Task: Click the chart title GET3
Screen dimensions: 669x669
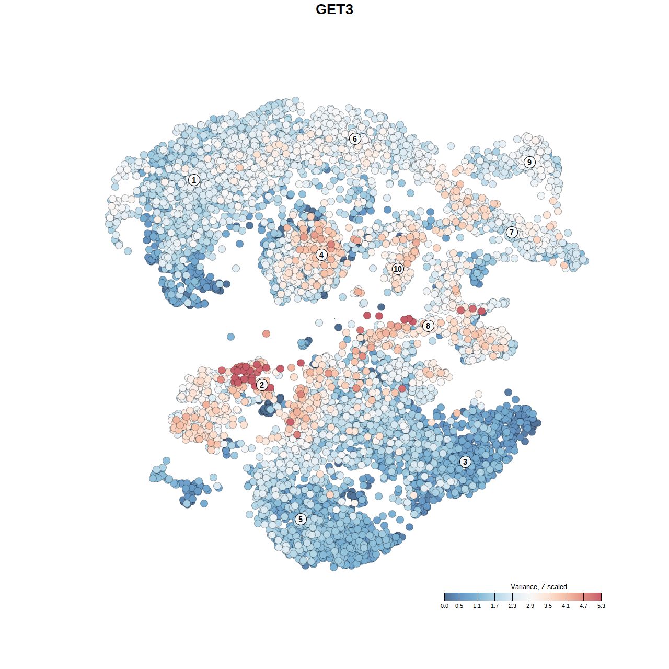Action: click(334, 9)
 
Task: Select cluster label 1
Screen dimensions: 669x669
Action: click(194, 180)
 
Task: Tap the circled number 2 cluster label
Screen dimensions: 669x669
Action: click(262, 385)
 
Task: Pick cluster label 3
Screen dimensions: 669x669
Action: click(465, 462)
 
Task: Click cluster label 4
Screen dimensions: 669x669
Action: click(321, 255)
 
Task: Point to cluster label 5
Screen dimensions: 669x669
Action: click(301, 519)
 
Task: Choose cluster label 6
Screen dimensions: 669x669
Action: click(355, 139)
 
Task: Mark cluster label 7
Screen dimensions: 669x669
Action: click(512, 232)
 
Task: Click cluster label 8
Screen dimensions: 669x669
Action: click(428, 326)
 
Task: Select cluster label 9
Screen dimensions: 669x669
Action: click(529, 162)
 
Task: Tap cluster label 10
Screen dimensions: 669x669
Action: click(398, 269)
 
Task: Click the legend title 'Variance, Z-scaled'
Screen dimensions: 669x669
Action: click(538, 586)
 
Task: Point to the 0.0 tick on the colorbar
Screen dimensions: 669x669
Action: click(444, 606)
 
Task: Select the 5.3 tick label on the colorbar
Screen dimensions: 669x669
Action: click(601, 606)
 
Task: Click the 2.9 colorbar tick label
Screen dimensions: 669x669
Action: click(530, 606)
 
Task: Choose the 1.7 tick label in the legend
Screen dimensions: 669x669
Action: click(494, 606)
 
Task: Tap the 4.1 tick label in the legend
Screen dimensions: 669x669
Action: click(566, 606)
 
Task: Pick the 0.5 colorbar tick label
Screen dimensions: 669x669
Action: click(459, 606)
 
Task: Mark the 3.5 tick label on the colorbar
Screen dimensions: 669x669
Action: click(548, 606)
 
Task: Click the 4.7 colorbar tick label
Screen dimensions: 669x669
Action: click(583, 606)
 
